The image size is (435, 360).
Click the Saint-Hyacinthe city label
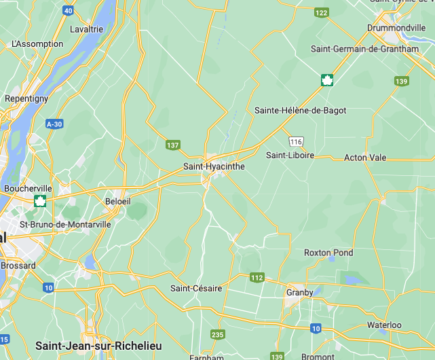[214, 166]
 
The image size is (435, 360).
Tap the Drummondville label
[396, 28]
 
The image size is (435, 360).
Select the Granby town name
[299, 292]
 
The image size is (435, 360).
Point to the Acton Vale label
[365, 158]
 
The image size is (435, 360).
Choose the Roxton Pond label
[328, 253]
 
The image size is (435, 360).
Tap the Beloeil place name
[117, 202]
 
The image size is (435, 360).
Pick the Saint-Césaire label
[196, 288]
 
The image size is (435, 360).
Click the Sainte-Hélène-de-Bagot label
[300, 110]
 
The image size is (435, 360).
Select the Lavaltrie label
[86, 29]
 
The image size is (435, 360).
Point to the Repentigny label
[26, 98]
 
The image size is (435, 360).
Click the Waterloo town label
[384, 325]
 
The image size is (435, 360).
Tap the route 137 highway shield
[173, 145]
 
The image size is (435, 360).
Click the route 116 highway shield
[295, 141]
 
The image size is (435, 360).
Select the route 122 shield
[321, 12]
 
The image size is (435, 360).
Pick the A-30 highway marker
[54, 124]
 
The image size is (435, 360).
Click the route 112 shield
[257, 277]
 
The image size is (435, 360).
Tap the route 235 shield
[218, 334]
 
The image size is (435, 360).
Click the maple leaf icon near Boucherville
[40, 200]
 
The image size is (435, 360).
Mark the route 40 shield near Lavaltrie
[68, 10]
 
